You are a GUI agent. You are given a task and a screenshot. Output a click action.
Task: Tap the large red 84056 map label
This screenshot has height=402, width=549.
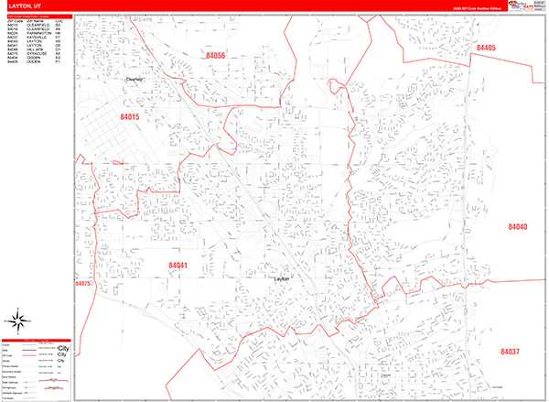tap(211, 57)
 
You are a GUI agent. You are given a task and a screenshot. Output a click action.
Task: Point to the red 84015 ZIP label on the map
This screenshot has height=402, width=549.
tap(129, 118)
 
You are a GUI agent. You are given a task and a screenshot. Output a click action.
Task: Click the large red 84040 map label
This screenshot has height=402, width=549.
tap(519, 226)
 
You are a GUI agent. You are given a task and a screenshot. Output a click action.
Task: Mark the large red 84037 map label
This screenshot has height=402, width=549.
tap(510, 352)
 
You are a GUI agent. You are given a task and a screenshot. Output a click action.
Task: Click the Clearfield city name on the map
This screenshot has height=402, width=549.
tap(135, 80)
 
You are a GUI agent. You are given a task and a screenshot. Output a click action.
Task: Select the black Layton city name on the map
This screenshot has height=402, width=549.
tap(281, 279)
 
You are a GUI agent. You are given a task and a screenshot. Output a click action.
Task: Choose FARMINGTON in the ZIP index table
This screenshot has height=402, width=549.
tap(42, 33)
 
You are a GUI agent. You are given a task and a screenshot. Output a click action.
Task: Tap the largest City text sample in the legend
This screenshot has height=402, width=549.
tap(62, 350)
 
